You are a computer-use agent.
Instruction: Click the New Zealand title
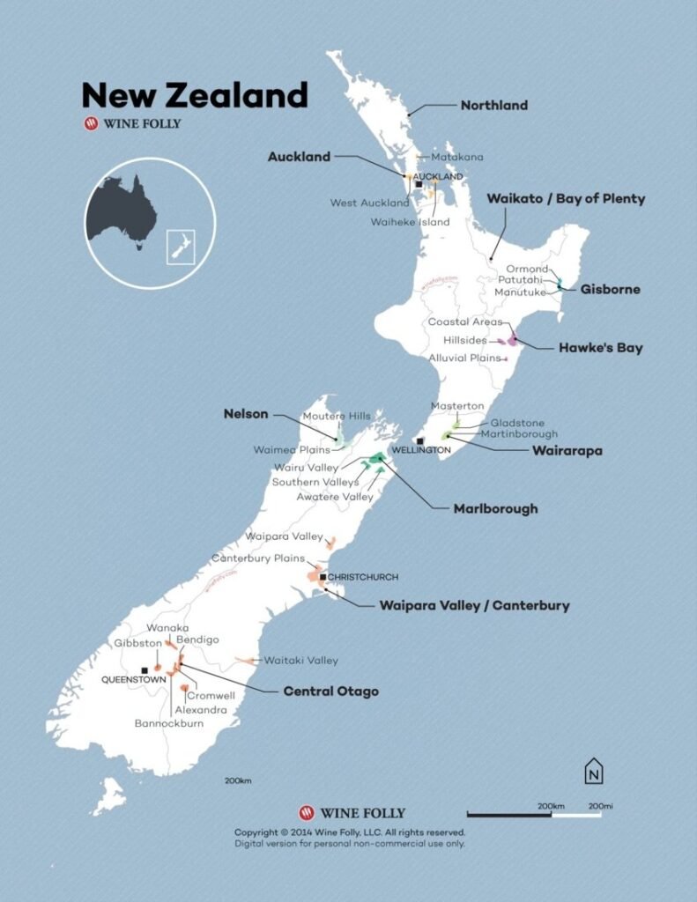click(194, 94)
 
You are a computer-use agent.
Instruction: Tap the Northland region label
click(493, 106)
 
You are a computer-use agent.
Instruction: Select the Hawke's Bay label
click(600, 348)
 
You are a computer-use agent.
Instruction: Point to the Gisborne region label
click(610, 289)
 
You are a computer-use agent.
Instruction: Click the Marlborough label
click(495, 508)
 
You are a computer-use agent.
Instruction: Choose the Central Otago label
click(330, 691)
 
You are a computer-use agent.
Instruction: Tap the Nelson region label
click(246, 413)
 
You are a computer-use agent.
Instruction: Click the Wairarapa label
click(567, 450)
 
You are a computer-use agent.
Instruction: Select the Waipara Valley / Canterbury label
click(474, 605)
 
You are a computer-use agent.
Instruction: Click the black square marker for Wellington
click(420, 440)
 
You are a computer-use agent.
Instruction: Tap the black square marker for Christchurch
click(323, 577)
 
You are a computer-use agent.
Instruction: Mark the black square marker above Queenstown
click(145, 671)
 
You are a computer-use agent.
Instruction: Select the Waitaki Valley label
click(301, 660)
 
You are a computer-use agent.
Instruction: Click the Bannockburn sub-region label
click(169, 723)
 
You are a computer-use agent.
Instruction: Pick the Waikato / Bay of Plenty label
click(566, 199)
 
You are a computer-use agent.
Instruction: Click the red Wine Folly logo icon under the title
click(90, 124)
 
